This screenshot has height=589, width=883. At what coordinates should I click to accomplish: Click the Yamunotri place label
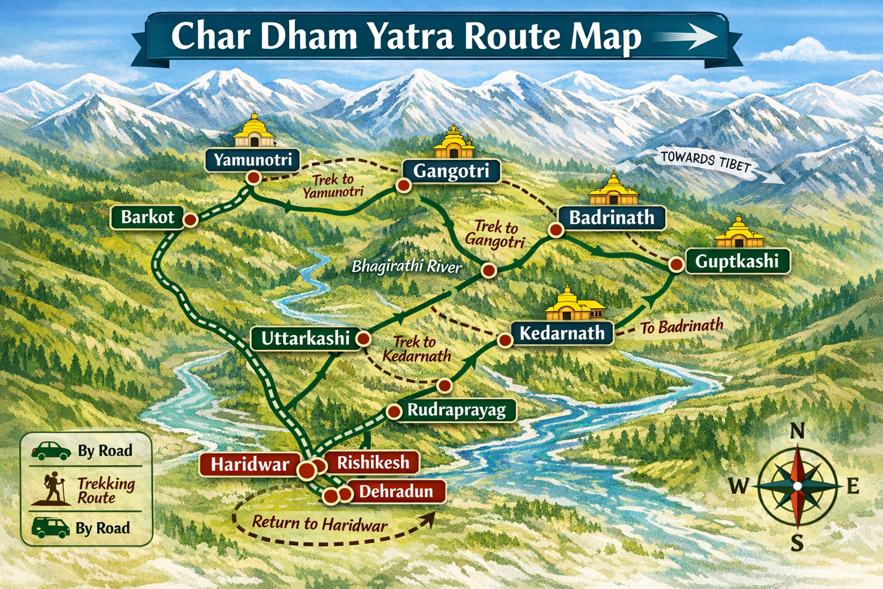[x=252, y=159]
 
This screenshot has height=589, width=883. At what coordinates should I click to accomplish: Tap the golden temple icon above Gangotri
[x=454, y=143]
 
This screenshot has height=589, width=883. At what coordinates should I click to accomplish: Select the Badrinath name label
[x=612, y=218]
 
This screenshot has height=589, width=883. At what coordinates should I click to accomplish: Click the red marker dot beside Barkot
[x=190, y=220]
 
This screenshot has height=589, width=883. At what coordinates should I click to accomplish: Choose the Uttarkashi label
[x=305, y=338]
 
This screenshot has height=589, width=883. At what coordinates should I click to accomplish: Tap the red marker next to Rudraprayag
[x=394, y=411]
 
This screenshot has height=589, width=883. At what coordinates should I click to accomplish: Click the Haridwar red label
[x=250, y=464]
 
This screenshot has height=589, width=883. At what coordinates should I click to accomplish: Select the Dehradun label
[x=396, y=491]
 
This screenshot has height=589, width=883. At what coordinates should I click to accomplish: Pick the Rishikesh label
[x=373, y=462]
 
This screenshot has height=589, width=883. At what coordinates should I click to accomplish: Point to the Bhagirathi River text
[x=406, y=267]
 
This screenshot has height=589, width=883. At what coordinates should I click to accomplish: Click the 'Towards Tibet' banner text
[x=706, y=162]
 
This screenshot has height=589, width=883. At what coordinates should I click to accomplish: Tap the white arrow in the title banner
[x=687, y=37]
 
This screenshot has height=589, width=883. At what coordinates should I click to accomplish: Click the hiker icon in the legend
[x=55, y=488]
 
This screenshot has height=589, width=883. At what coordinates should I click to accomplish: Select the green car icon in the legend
[x=51, y=451]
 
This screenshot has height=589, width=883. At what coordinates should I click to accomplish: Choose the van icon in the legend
[x=51, y=527]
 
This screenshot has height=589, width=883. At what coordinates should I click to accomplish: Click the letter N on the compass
[x=797, y=431]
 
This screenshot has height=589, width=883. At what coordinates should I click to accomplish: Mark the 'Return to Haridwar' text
[x=320, y=523]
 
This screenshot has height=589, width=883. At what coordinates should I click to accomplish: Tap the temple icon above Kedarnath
[x=574, y=304]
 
